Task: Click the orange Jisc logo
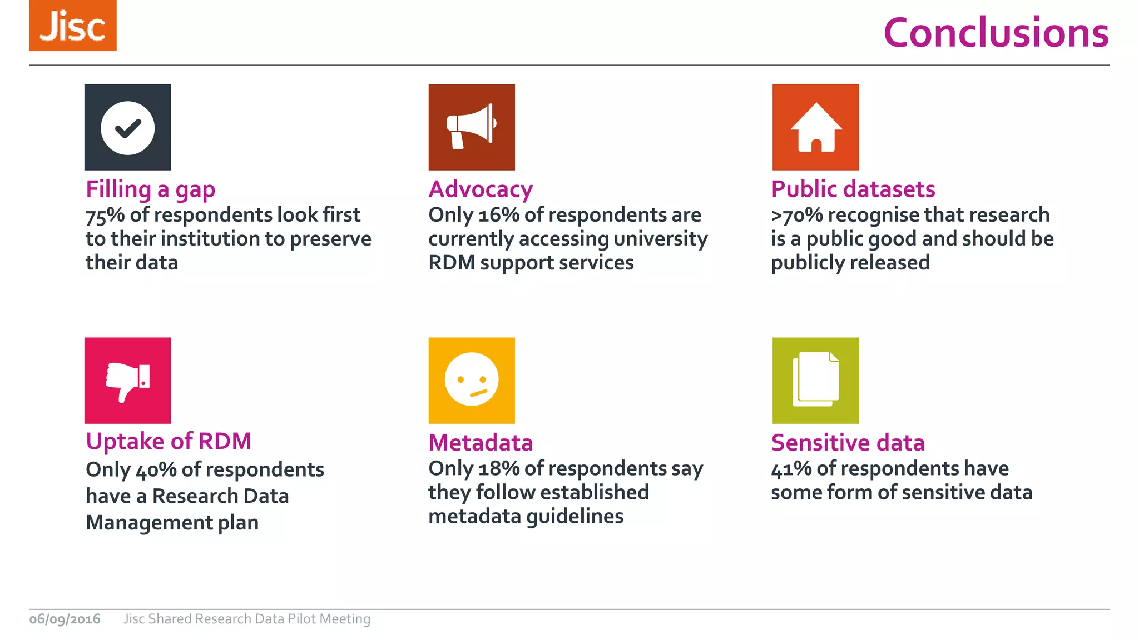[x=73, y=26]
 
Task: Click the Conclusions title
[x=996, y=32]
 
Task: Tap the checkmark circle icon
[x=127, y=127]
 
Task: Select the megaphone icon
[x=472, y=127]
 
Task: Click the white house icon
[x=815, y=127]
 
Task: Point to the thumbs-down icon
[x=127, y=381]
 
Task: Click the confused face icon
[x=472, y=380]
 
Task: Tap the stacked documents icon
[x=815, y=380]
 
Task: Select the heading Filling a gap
[x=150, y=189]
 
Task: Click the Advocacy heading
[x=481, y=189]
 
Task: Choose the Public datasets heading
[x=853, y=189]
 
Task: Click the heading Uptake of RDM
[x=169, y=441]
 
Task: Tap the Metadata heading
[x=481, y=443]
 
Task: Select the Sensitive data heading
[x=848, y=443]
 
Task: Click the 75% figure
[x=105, y=216]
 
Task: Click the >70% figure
[x=796, y=216]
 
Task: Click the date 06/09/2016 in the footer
[x=65, y=619]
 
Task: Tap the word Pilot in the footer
[x=302, y=619]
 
